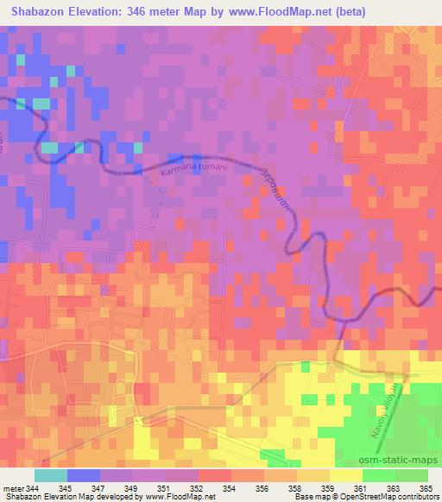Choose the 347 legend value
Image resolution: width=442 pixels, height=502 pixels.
[x=100, y=488]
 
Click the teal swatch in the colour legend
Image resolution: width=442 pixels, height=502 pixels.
[x=51, y=475]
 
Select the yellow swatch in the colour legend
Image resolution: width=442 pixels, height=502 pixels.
[x=346, y=475]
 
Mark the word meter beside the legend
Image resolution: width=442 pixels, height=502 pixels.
[x=14, y=488]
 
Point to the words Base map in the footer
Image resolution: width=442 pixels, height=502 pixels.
[x=299, y=497]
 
